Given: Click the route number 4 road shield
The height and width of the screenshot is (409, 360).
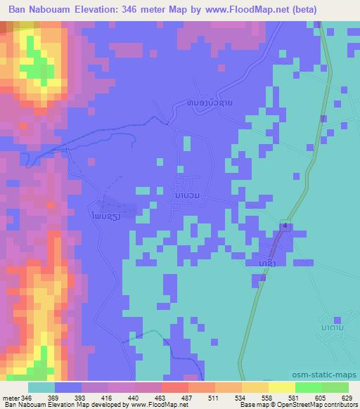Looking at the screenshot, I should point(285,226).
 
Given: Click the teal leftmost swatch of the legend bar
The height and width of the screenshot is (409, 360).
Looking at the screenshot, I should point(41,387).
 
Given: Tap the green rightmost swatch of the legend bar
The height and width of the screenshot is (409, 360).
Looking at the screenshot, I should point(335,387).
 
